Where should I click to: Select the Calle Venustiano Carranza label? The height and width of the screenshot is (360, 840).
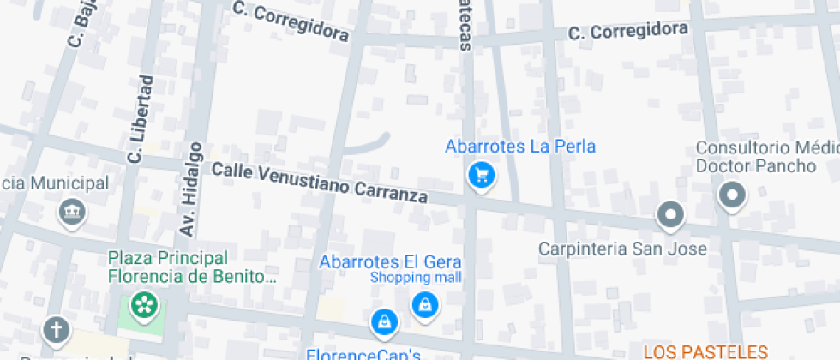click(319, 183)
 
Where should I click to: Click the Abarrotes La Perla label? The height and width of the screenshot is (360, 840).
click(519, 147)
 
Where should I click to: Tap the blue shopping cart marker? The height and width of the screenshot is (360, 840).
click(482, 176)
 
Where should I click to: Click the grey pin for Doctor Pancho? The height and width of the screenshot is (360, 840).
click(732, 195)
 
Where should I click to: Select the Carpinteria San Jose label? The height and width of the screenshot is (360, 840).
click(622, 249)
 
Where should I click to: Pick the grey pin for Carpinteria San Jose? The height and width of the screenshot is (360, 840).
click(670, 215)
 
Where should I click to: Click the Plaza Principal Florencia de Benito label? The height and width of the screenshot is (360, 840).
click(192, 267)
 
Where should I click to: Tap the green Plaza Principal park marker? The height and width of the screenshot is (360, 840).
click(143, 304)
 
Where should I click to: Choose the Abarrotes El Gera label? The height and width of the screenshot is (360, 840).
click(390, 262)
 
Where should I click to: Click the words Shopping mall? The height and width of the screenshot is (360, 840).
click(416, 278)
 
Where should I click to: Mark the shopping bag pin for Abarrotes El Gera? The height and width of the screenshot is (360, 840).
click(424, 304)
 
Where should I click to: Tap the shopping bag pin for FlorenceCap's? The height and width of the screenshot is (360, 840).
click(384, 322)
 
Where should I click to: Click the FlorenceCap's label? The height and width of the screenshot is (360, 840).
click(363, 353)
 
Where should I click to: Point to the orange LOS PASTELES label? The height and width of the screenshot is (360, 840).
click(705, 351)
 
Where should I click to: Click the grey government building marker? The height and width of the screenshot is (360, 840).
click(71, 211)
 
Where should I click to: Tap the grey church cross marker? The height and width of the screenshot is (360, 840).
click(57, 328)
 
